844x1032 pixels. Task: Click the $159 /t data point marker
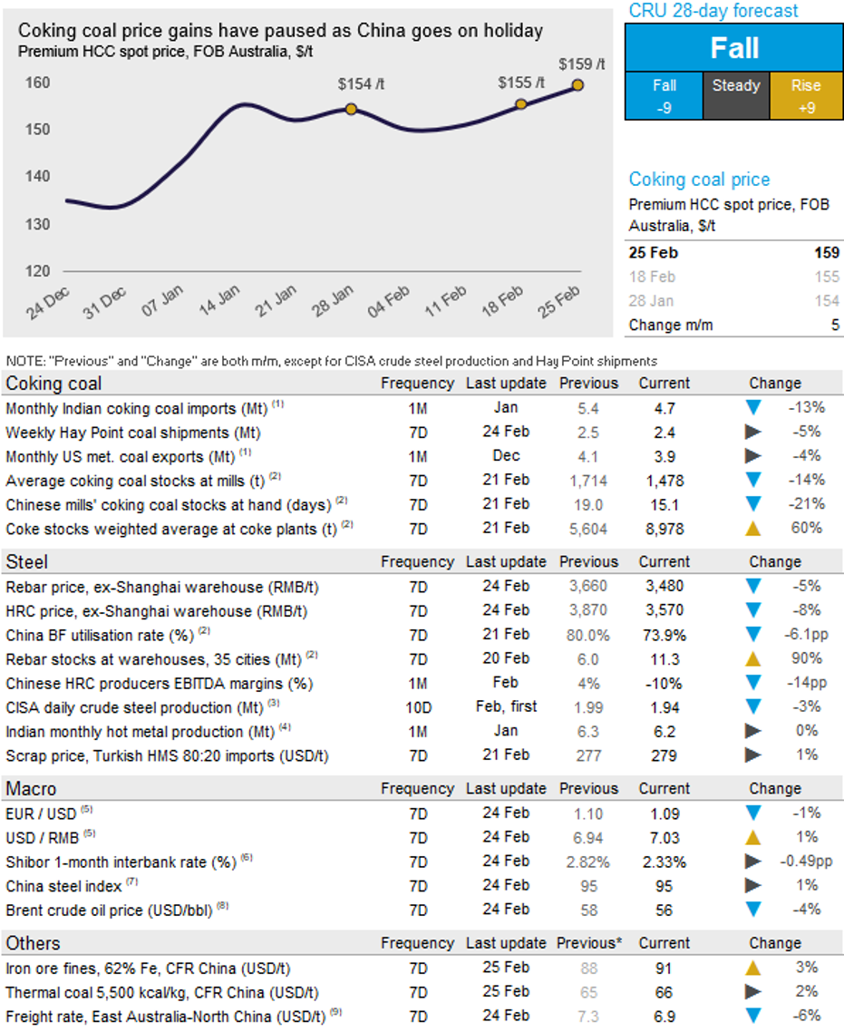coord(577,85)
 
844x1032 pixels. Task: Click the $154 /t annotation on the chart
coord(361,84)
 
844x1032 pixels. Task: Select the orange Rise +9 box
coord(805,96)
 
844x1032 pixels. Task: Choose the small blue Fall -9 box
coord(665,96)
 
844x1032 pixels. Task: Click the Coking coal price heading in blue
coord(699,180)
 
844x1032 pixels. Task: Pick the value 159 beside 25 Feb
coord(826,252)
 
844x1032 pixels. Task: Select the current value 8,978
coord(665,528)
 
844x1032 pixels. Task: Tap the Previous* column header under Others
coord(588,943)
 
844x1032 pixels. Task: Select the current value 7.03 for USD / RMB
coord(665,837)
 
